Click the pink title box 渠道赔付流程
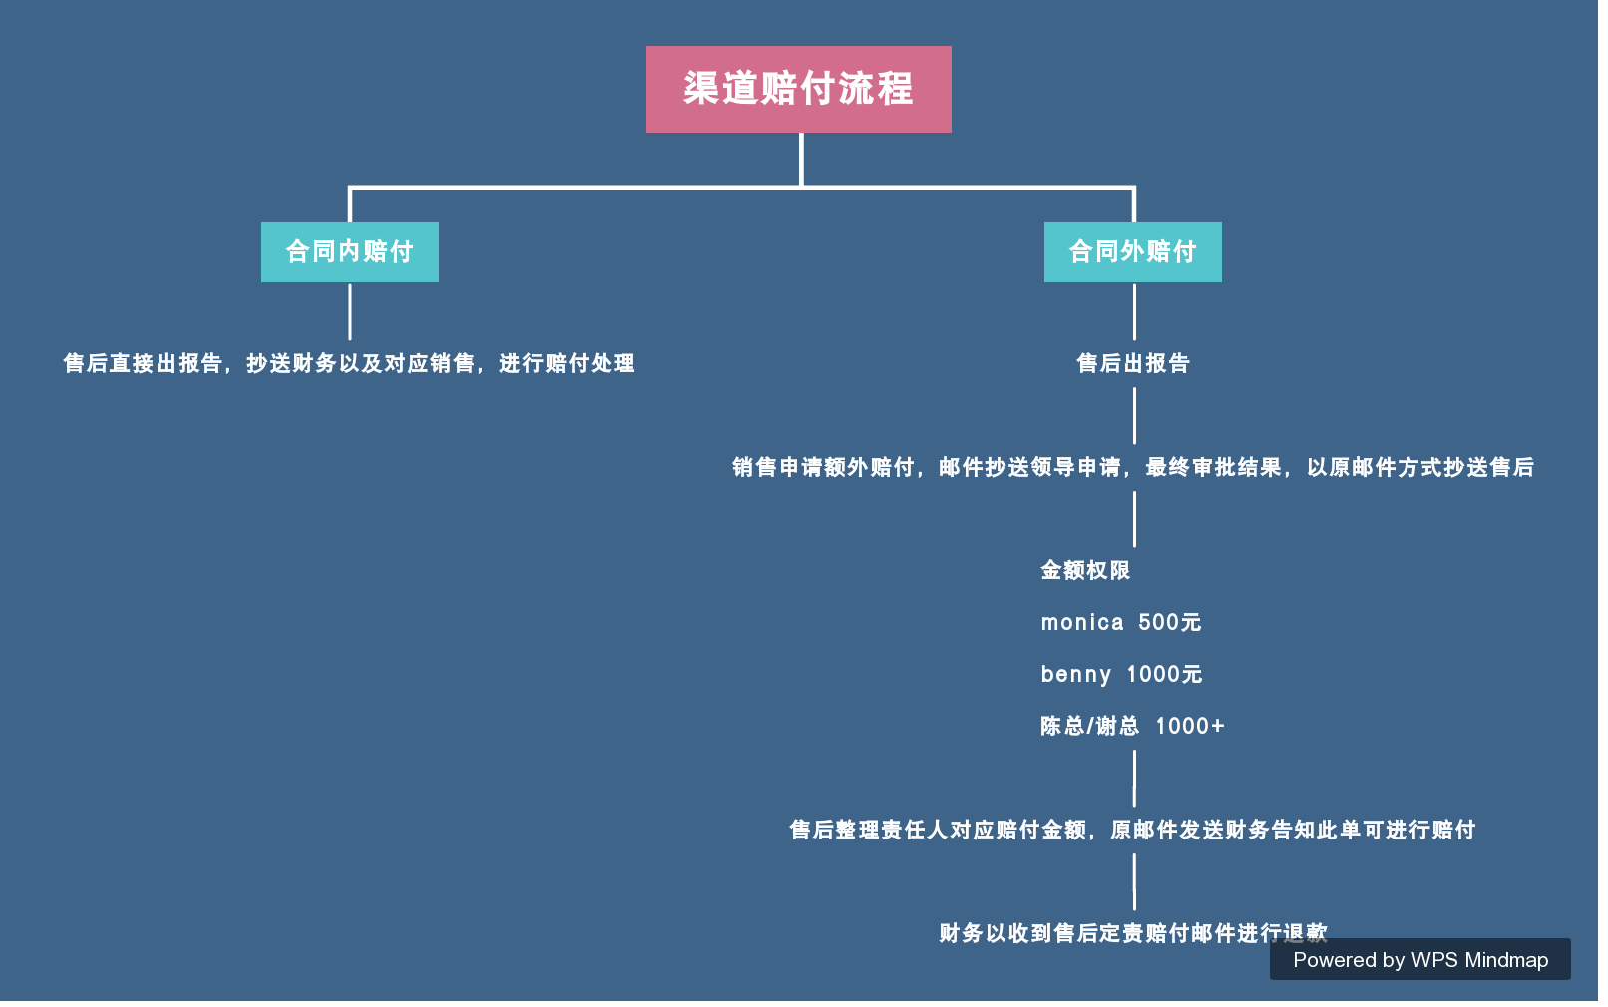(x=798, y=89)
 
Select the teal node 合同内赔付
(x=349, y=252)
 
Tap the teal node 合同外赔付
(x=1132, y=252)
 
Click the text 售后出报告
(x=1133, y=363)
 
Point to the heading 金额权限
(x=1085, y=570)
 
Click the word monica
(x=1082, y=622)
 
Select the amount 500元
(x=1170, y=622)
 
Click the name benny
(x=1075, y=674)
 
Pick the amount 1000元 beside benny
(x=1164, y=674)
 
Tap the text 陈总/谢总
(x=1089, y=726)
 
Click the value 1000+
(x=1190, y=726)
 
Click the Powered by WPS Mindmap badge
(x=1419, y=959)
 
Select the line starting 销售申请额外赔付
(x=1133, y=467)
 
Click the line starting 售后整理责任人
(x=1132, y=830)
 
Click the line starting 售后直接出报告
(x=349, y=363)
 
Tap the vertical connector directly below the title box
(x=801, y=159)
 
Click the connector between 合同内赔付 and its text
(x=350, y=311)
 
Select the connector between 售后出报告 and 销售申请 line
(x=1134, y=415)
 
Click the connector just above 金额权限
(x=1134, y=518)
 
